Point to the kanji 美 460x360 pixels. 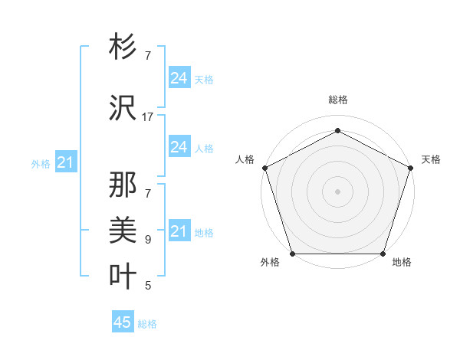[123, 228]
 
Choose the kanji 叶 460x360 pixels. [123, 274]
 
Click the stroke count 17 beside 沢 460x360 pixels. [148, 117]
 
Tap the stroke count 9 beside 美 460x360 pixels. [148, 239]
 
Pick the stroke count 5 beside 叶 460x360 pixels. [148, 286]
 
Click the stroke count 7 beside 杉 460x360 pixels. [148, 56]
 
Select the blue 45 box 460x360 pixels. [123, 322]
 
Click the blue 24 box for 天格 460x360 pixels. [179, 78]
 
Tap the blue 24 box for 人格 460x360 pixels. [179, 147]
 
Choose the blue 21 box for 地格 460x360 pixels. [179, 231]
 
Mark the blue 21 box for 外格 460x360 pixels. [65, 162]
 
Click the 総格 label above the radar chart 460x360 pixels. [337, 100]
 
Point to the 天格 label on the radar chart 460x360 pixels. [431, 159]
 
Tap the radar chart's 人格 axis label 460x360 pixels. [245, 159]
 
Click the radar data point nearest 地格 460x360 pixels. [383, 254]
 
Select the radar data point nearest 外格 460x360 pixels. [292, 254]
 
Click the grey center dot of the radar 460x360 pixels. [337, 191]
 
